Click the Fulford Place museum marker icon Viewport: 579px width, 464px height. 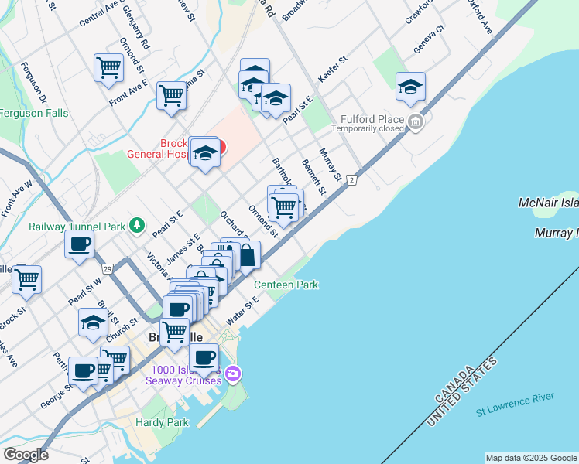(416, 122)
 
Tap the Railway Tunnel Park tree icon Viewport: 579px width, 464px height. (137, 225)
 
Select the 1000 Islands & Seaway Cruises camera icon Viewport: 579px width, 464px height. (233, 375)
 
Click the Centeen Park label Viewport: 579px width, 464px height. (291, 285)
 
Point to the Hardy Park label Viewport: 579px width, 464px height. (162, 422)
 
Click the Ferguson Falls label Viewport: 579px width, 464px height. (34, 113)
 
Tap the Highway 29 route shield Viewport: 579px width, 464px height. (107, 268)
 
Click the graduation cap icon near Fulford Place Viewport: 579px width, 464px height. (410, 87)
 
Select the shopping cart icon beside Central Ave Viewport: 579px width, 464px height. (108, 67)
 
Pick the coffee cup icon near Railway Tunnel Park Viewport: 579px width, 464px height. (79, 245)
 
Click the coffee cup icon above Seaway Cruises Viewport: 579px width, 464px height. (204, 357)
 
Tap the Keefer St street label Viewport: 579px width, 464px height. (334, 69)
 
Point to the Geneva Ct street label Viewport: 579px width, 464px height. (429, 39)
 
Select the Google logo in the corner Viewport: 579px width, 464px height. (26, 454)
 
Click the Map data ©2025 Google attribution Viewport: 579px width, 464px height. (531, 458)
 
